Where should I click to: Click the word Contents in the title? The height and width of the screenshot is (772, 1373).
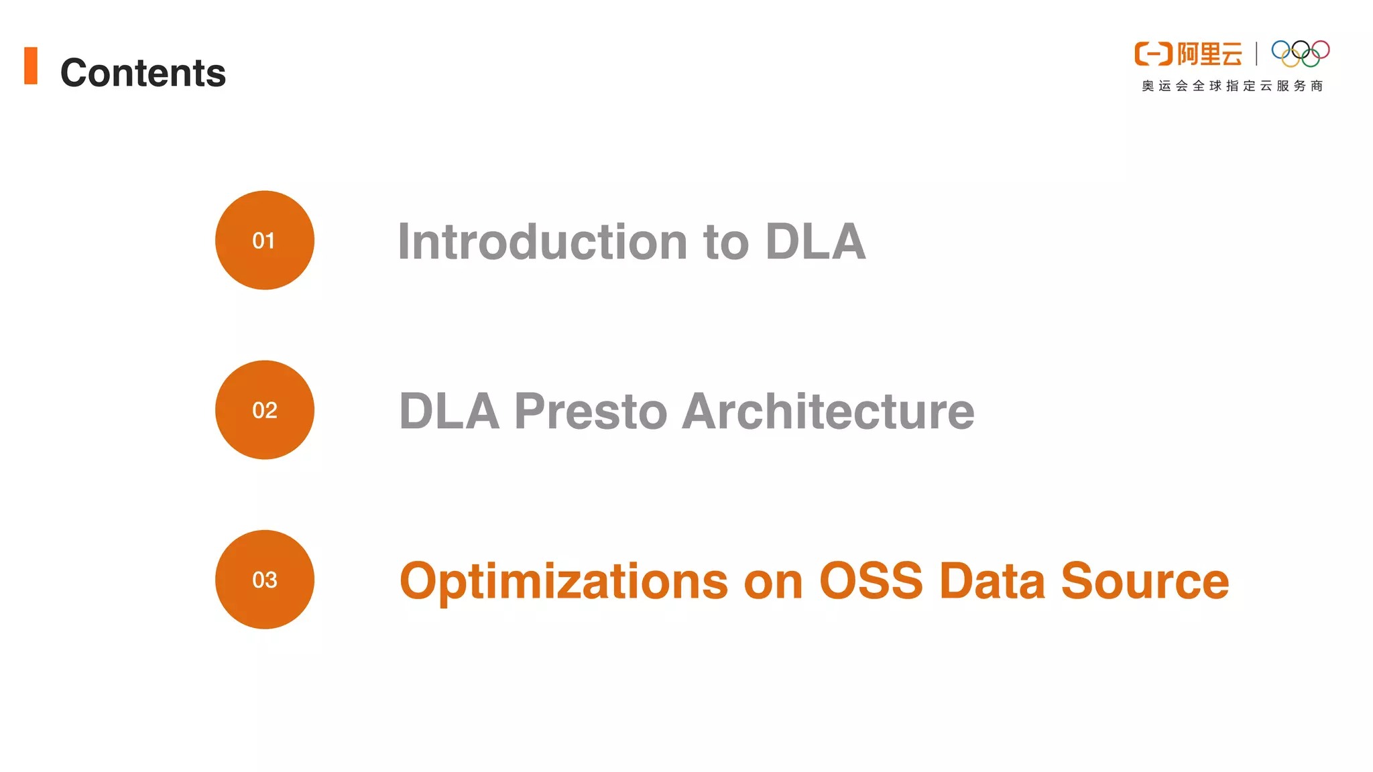[143, 72]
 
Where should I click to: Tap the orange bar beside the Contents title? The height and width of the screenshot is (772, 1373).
[31, 66]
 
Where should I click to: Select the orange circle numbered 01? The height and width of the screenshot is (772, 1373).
[264, 240]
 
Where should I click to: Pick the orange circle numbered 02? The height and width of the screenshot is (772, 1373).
[264, 409]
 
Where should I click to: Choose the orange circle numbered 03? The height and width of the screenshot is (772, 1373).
[264, 579]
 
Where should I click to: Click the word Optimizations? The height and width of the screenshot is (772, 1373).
[563, 581]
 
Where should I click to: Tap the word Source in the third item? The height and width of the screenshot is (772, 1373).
[1145, 580]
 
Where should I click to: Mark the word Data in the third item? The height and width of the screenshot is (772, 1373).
[992, 580]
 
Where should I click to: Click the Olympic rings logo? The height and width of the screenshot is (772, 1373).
[1300, 54]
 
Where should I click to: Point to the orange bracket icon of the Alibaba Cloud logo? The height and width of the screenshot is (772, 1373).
[1153, 54]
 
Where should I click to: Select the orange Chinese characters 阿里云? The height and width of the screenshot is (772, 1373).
[1209, 54]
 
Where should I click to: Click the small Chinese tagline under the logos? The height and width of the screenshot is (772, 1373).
[1232, 86]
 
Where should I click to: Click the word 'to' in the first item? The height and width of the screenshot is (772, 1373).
[725, 242]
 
